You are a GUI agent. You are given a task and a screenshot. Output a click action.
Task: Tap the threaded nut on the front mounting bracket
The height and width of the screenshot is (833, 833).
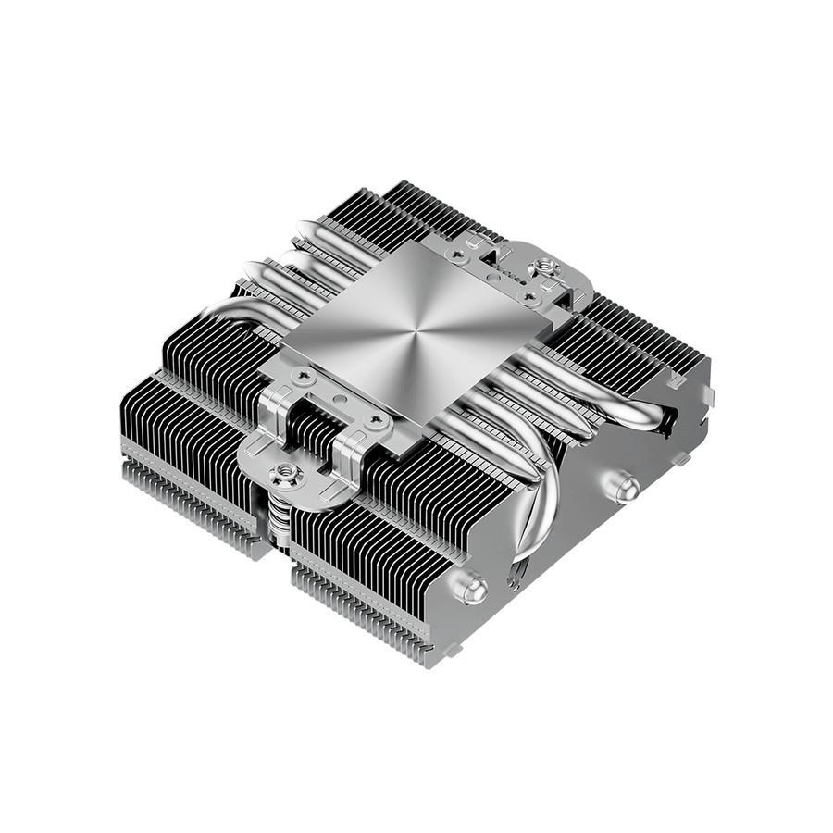282,476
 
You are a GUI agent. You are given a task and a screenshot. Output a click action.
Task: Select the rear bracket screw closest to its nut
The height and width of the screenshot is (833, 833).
528,296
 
